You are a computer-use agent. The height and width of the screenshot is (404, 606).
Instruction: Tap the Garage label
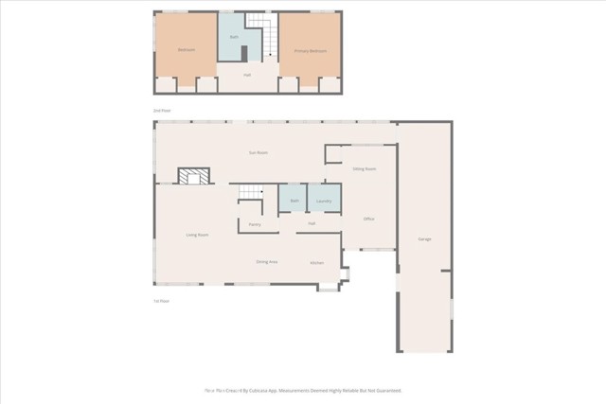[424, 238]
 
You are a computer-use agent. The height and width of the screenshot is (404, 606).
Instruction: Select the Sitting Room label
[365, 168]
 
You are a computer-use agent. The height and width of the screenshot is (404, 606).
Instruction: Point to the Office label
[369, 220]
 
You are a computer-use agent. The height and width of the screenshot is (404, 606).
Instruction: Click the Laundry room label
[323, 202]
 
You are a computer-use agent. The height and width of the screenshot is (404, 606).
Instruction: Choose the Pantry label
[255, 224]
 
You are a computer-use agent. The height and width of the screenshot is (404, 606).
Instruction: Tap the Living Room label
[197, 235]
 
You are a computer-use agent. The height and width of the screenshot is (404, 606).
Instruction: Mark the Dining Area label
[266, 261]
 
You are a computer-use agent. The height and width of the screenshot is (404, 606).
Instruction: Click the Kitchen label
[317, 262]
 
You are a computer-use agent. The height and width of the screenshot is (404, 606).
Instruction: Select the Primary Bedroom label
[311, 50]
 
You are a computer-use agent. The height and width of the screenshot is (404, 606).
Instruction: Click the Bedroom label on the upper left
[186, 50]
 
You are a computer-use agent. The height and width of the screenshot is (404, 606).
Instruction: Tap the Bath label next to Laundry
[294, 202]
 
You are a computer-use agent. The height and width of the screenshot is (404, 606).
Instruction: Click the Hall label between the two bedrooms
[247, 75]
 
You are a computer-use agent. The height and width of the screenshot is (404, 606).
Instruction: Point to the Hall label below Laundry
[312, 223]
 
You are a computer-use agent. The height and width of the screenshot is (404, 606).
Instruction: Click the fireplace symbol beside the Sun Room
[195, 176]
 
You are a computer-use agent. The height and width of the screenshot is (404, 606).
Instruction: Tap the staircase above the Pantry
[249, 193]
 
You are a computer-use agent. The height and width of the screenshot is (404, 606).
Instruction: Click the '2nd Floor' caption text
[162, 111]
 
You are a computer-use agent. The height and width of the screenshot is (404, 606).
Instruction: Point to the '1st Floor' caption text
[162, 301]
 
